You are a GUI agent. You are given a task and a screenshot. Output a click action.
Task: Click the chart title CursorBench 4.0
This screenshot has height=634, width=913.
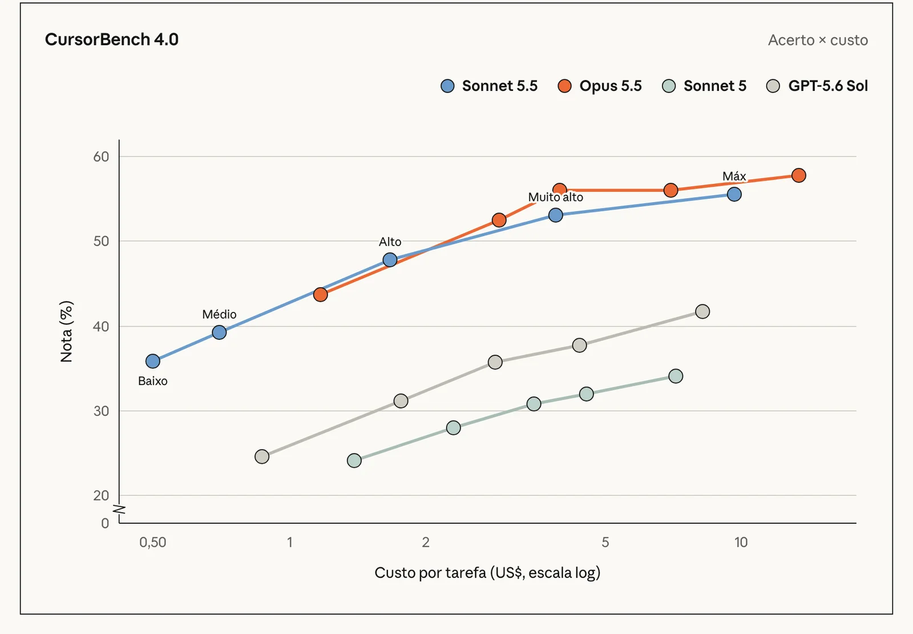click(x=112, y=39)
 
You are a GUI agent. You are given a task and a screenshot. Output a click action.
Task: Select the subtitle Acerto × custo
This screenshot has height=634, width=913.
click(x=818, y=40)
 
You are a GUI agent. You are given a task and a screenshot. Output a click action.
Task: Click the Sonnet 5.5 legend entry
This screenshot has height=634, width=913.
click(x=489, y=86)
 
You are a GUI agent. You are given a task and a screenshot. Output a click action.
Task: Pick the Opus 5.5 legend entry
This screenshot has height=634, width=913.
click(x=600, y=86)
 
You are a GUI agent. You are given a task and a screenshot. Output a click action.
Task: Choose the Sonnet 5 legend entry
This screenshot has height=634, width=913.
click(x=704, y=86)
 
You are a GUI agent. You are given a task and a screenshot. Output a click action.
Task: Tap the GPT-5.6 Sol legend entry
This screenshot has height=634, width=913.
click(x=817, y=86)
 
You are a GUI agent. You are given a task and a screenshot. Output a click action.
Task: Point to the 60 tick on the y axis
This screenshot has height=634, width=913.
click(x=101, y=157)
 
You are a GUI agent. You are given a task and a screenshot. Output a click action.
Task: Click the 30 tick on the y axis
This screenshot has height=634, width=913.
click(x=101, y=411)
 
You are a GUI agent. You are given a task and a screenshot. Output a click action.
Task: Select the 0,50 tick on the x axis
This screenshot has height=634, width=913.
click(x=153, y=542)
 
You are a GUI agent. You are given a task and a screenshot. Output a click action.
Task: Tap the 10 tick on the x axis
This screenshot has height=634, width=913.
click(x=741, y=542)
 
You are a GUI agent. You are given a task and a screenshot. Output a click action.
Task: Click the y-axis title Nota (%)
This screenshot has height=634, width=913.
click(x=66, y=331)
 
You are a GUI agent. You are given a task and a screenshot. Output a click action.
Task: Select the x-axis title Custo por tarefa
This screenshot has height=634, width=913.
click(x=430, y=572)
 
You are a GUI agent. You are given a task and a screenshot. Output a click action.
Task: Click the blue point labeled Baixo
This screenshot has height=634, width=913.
click(x=153, y=361)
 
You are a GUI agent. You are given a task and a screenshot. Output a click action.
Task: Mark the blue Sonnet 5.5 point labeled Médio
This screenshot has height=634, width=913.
click(x=219, y=332)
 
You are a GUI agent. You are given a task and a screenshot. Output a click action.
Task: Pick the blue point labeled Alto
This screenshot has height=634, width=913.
click(x=390, y=259)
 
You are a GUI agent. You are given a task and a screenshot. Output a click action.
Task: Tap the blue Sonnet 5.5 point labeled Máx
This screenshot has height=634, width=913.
click(x=734, y=194)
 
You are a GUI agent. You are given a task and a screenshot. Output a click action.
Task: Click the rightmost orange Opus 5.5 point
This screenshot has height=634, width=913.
click(x=798, y=175)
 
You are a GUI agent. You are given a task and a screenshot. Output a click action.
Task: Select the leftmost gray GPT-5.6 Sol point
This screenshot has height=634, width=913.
click(x=262, y=456)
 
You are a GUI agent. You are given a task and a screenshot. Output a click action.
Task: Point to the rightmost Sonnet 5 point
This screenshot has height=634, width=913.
click(x=676, y=376)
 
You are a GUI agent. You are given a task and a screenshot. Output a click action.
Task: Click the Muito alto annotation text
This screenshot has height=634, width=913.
click(x=556, y=197)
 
